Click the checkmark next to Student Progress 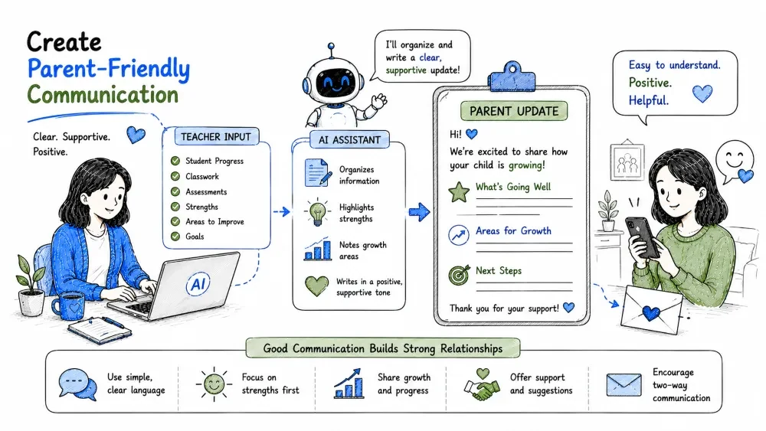coord(175,161)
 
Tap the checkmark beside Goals coord(175,237)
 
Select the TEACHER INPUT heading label coord(217,137)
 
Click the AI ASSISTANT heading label coord(349,140)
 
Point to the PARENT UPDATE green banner coord(514,111)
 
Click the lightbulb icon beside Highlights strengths coord(318,212)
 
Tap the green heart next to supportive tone coord(316,286)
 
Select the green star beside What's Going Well coord(459,192)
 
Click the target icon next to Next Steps coord(459,276)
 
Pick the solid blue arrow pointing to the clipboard coord(419,212)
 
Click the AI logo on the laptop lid coord(198,283)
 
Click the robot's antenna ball coord(331,47)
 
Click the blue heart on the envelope coord(650,313)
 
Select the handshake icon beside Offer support coord(482,385)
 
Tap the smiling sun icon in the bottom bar coord(214,384)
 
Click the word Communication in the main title coord(103,95)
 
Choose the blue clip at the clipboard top coord(512,77)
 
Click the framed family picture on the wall coord(627,162)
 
